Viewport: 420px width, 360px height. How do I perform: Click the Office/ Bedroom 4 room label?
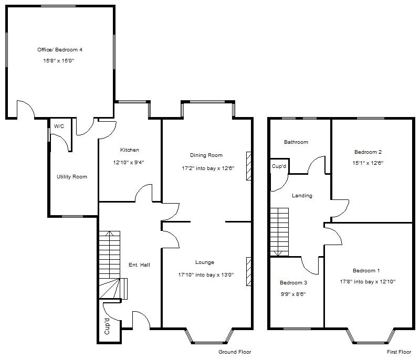[x=60, y=50]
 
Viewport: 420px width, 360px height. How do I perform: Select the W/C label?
[x=58, y=126]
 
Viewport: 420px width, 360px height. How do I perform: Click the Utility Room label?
[x=72, y=177]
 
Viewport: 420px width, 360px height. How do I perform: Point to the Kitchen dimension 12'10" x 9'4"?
[x=129, y=163]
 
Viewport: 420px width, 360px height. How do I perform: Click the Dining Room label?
[x=206, y=155]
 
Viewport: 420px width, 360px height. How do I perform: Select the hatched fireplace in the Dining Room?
[x=248, y=167]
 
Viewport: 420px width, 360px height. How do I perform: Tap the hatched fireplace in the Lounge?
[x=248, y=271]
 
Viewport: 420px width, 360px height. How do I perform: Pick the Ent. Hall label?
[x=139, y=265]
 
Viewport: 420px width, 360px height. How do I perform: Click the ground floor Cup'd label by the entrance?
[x=107, y=327]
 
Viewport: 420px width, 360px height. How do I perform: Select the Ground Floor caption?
[x=235, y=352]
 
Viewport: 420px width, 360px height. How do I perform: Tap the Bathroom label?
[x=296, y=142]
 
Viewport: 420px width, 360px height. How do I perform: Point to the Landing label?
[x=302, y=196]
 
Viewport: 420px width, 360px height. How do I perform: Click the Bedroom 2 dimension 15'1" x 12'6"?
[x=367, y=163]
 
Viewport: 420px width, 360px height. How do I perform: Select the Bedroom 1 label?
[x=366, y=271]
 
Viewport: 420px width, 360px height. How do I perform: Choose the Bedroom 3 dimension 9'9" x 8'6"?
[x=293, y=294]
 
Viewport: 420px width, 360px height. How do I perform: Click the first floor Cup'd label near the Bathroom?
[x=279, y=166]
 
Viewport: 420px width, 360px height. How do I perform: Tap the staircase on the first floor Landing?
[x=279, y=231]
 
